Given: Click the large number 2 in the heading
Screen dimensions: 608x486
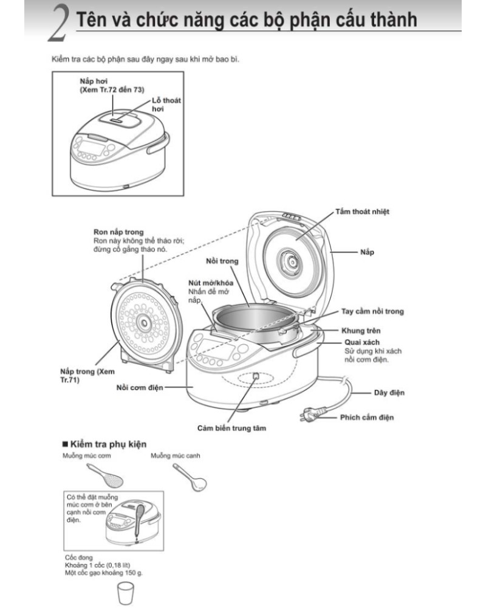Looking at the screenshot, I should click(x=58, y=26).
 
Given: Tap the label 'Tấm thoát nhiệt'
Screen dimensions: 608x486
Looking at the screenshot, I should click(x=362, y=212).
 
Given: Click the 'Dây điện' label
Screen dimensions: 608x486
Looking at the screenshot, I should click(x=389, y=393).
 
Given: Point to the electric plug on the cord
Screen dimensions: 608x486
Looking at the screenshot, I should click(x=307, y=416).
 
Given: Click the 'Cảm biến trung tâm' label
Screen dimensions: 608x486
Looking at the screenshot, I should click(x=231, y=428).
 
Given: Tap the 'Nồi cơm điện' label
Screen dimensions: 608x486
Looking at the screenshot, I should click(x=140, y=387).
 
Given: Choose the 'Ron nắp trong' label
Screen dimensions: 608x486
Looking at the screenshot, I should click(x=118, y=232).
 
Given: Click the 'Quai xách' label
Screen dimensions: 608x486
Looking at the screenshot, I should click(x=358, y=342).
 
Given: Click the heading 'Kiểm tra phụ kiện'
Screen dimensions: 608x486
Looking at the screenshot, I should click(x=109, y=444).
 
